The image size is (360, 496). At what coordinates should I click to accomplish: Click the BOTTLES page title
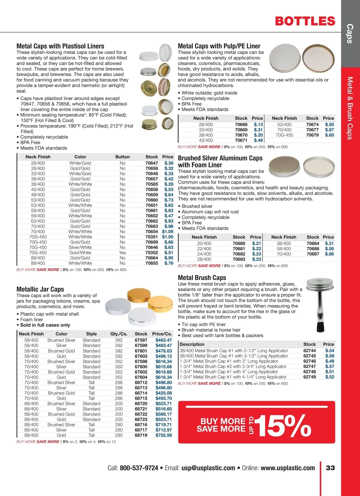click(x=305, y=21)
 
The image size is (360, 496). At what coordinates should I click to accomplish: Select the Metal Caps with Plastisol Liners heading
click(x=60, y=46)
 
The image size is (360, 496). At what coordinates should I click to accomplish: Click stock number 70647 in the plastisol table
click(x=151, y=163)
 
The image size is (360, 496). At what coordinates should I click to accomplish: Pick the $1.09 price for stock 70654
click(x=167, y=231)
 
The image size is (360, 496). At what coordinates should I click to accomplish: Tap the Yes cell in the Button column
click(x=122, y=253)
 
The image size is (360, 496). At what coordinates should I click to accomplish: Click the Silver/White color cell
click(x=80, y=247)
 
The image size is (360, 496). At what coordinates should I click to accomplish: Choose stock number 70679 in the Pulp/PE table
click(x=312, y=135)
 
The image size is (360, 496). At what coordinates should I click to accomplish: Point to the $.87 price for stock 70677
click(x=329, y=130)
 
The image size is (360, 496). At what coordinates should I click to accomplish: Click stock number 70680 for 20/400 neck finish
click(x=239, y=243)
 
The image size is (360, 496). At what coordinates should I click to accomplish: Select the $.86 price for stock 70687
click(x=329, y=254)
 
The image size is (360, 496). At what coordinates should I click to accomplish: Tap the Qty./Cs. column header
click(x=119, y=334)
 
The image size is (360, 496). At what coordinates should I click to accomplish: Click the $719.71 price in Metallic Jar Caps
click(x=163, y=425)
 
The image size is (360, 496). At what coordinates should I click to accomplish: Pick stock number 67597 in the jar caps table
click(x=141, y=340)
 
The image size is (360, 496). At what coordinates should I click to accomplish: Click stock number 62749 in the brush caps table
click(x=310, y=377)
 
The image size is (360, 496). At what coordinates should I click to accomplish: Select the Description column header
click(x=192, y=344)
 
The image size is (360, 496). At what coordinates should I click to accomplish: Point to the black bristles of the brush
click(x=320, y=327)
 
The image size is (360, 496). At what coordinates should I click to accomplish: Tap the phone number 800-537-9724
click(x=139, y=468)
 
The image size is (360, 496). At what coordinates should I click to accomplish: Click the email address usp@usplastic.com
click(x=208, y=468)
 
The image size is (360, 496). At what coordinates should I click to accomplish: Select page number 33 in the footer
click(x=330, y=468)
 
